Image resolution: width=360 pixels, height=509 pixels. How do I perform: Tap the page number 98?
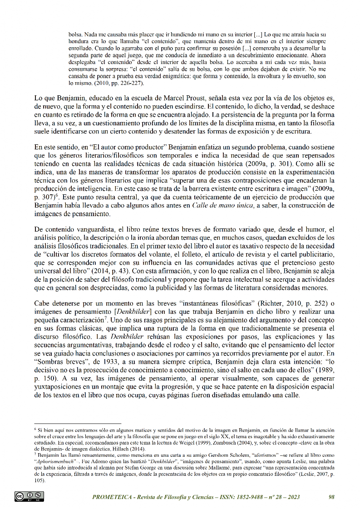(331, 497)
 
